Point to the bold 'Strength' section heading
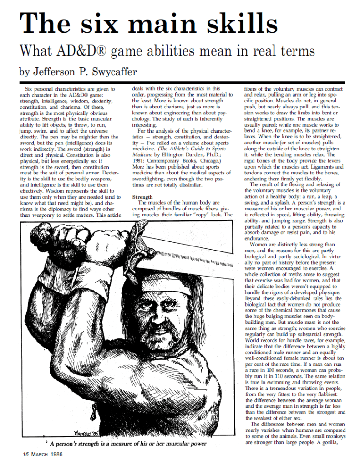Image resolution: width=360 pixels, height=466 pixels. coord(142,196)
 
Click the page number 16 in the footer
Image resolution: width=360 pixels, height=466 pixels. coord(27,454)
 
